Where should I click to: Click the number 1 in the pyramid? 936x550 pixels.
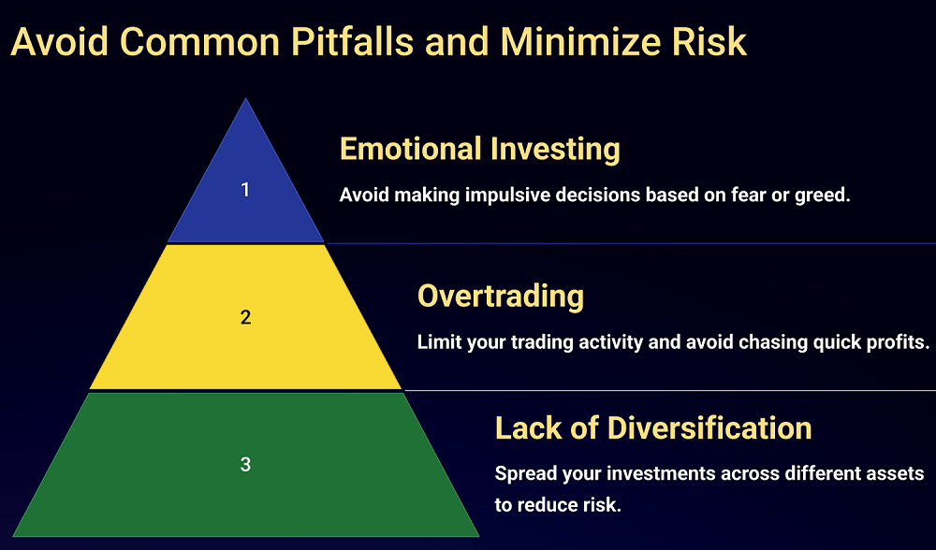[x=244, y=190]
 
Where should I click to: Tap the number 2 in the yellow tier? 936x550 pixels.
[x=245, y=317]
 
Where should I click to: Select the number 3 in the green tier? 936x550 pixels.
[x=245, y=464]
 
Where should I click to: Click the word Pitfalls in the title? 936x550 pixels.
[x=352, y=42]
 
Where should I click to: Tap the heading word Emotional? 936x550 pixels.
[x=411, y=148]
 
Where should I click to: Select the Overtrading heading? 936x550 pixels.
[x=500, y=296]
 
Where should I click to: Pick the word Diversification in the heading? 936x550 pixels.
[x=709, y=427]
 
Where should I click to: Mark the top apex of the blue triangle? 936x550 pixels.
[x=245, y=98]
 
